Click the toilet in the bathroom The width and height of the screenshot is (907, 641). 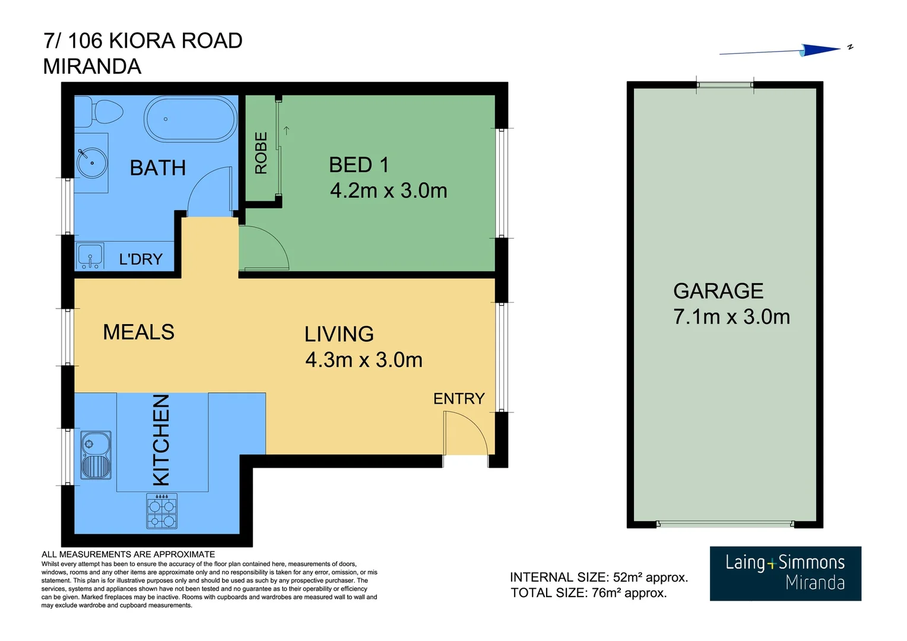tap(102, 112)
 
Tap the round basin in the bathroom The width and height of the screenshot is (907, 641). tap(92, 162)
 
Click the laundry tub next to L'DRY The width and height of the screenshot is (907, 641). tap(90, 256)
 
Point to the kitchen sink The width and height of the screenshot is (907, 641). tap(96, 455)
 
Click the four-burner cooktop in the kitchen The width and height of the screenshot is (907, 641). tap(162, 512)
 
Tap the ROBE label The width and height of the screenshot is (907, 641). tap(261, 153)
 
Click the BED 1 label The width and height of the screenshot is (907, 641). tap(359, 164)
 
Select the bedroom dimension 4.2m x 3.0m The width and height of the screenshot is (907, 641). tap(388, 191)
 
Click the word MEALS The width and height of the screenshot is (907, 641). tap(139, 332)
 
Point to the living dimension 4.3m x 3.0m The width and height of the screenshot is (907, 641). tap(363, 360)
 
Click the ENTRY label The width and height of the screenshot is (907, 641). tap(459, 398)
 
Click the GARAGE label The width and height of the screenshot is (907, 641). tap(718, 291)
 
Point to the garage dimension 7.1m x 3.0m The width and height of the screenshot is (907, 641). tap(731, 317)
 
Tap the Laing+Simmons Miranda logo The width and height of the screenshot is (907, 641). tap(785, 573)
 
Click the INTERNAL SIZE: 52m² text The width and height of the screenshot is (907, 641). tap(598, 577)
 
